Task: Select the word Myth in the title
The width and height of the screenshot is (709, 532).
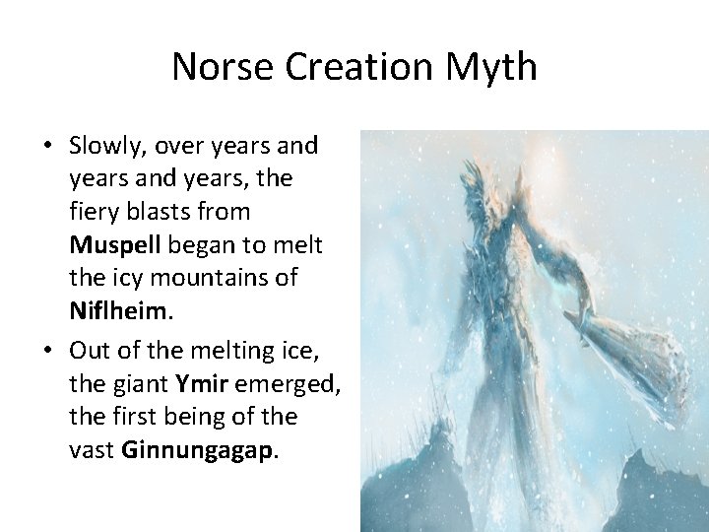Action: click(490, 68)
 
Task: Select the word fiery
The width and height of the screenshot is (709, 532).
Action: click(97, 212)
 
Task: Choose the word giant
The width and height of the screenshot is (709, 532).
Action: click(138, 383)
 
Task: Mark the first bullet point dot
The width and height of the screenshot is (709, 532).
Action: click(46, 147)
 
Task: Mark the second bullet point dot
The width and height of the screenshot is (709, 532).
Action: click(46, 350)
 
